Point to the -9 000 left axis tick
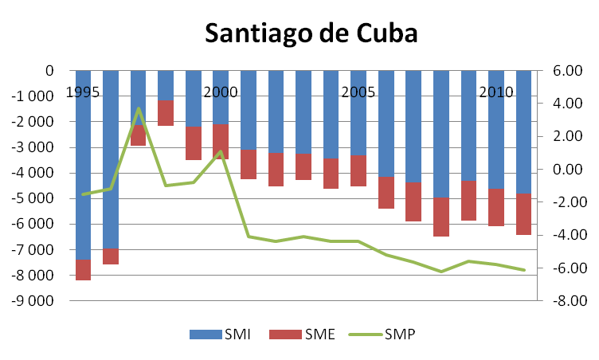click(x=32, y=301)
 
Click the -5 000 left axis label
click(x=32, y=198)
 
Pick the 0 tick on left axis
click(x=49, y=71)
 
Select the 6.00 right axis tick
click(x=563, y=71)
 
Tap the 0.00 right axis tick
click(x=563, y=170)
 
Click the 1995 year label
click(x=83, y=92)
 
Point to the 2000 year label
click(x=221, y=92)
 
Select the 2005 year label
click(x=358, y=92)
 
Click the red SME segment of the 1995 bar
click(x=83, y=269)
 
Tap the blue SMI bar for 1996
click(x=111, y=159)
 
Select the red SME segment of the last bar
click(x=523, y=214)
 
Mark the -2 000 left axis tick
click(x=32, y=122)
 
